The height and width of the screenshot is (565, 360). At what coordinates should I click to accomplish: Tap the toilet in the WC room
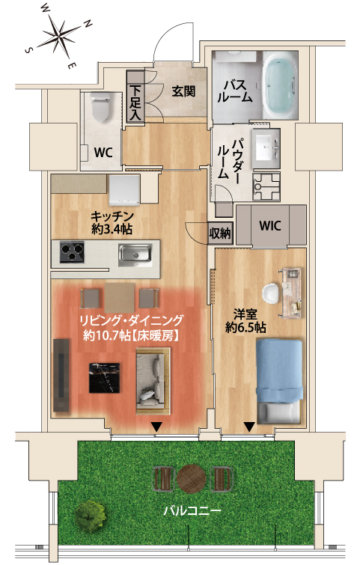coord(100,107)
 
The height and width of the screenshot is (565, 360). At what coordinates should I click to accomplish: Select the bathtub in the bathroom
coord(280,85)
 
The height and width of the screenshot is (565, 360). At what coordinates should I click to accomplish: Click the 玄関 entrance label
coord(183,91)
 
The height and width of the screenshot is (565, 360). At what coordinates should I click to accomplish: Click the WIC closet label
coord(270,226)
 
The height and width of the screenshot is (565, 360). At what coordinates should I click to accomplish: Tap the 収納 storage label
coord(220,233)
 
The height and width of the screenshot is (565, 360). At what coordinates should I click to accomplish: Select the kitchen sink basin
coord(135,253)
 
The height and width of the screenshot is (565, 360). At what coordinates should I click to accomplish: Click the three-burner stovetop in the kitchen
coord(72,252)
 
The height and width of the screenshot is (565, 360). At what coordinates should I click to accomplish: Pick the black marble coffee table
coord(105,378)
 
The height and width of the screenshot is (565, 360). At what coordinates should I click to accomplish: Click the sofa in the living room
coord(153,381)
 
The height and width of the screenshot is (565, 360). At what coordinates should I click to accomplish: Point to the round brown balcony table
coord(192,479)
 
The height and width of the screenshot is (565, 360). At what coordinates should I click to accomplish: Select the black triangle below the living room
coord(156,427)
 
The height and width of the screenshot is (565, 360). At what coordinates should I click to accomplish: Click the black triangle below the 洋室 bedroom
coord(249,427)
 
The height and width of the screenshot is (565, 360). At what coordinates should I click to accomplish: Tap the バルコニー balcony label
coord(192,510)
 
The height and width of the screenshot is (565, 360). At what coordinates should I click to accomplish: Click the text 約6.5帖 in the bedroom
coord(245,328)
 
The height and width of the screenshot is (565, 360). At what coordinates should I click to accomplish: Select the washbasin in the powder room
coord(266,147)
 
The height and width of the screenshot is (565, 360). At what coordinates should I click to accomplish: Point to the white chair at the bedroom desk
coord(271,293)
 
